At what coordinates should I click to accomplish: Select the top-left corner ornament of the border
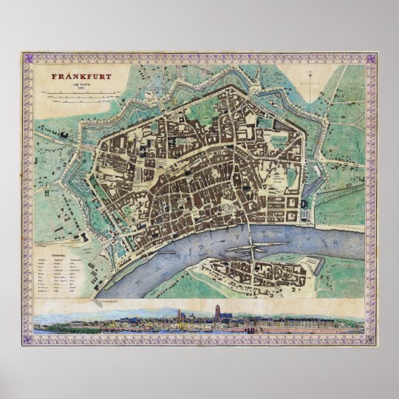click(x=27, y=57)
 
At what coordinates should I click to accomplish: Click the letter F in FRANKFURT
click(x=53, y=75)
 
